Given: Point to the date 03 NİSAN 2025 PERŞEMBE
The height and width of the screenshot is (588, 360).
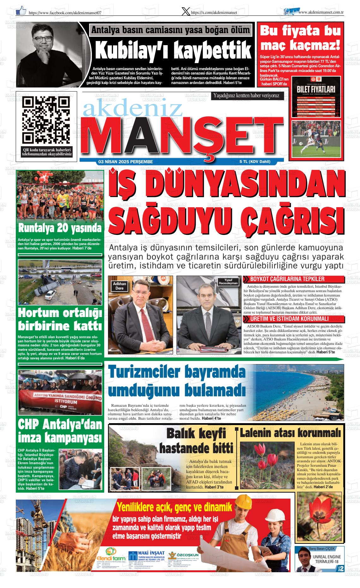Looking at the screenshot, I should pyautogui.click(x=126, y=162).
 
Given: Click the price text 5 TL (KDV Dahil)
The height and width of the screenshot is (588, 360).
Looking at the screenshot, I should pyautogui.click(x=255, y=162).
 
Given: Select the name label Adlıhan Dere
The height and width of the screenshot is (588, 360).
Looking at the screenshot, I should pyautogui.click(x=119, y=286).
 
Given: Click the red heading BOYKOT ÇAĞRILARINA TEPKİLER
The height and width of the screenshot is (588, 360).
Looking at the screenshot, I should pyautogui.click(x=287, y=279).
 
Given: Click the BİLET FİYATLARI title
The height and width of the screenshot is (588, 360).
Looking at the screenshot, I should pyautogui.click(x=316, y=89).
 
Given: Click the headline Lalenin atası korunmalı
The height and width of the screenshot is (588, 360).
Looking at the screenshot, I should pyautogui.click(x=286, y=432).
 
